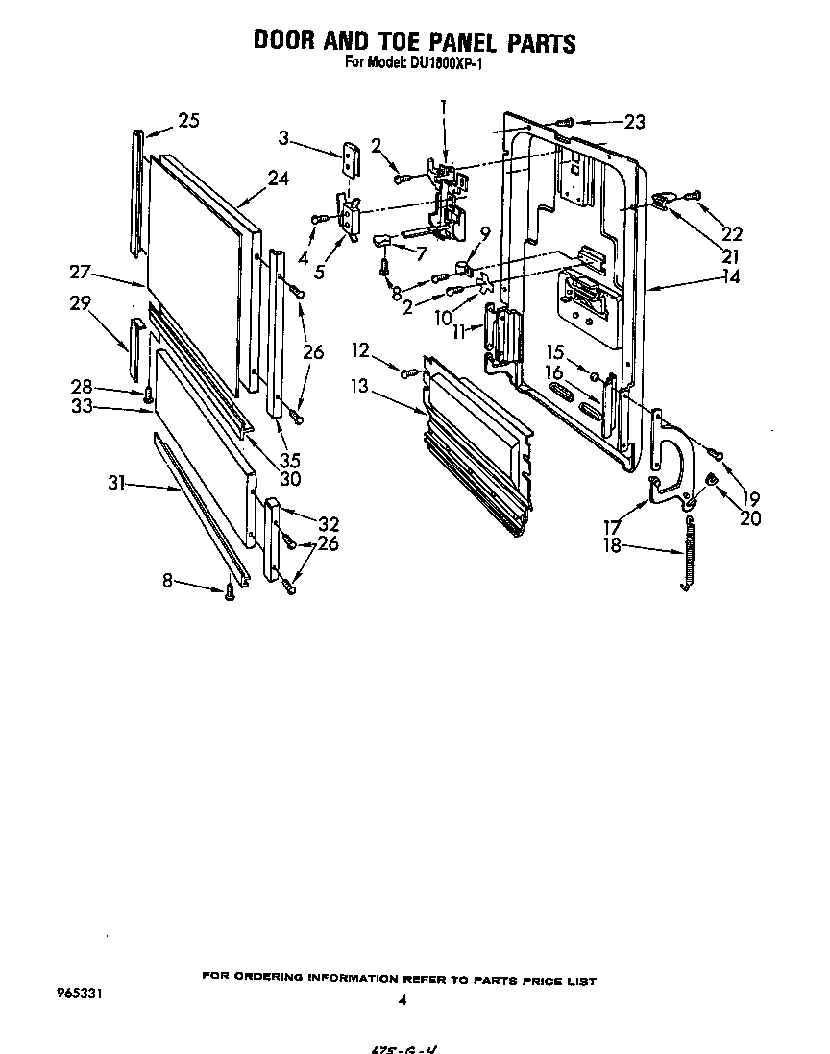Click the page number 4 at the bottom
click(x=402, y=1000)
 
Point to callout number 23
click(x=634, y=122)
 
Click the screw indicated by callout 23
click(x=566, y=122)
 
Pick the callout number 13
click(x=359, y=386)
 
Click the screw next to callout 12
click(x=410, y=371)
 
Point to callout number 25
click(x=188, y=120)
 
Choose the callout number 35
click(x=290, y=459)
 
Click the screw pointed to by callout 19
click(x=716, y=450)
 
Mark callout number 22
click(x=733, y=233)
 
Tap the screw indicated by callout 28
click(x=149, y=393)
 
